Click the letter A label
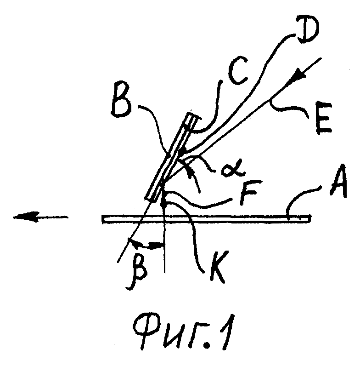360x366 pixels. (338, 181)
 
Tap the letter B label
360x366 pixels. (121, 100)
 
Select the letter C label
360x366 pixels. (237, 70)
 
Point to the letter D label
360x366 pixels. (308, 29)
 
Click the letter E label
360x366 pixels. (323, 117)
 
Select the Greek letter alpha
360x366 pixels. (233, 169)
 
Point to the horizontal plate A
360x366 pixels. (206, 219)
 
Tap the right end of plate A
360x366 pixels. (309, 219)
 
